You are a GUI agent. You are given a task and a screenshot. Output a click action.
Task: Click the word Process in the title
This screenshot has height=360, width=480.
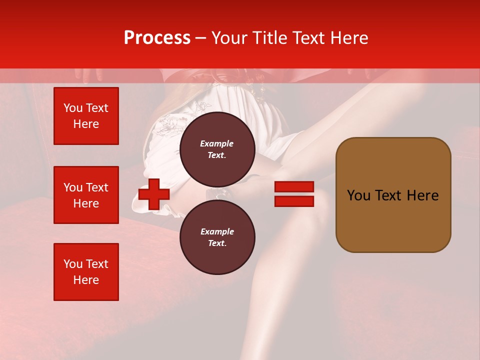157,38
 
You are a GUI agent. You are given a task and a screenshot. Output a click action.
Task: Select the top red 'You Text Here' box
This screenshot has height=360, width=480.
86,116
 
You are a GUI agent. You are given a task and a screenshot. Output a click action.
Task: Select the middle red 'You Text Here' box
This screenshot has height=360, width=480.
86,195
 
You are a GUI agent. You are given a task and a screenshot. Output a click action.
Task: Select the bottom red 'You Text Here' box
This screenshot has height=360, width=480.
86,271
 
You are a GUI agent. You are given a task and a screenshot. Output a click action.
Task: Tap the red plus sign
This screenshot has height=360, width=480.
153,194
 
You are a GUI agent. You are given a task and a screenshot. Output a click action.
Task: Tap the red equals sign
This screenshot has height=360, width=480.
294,194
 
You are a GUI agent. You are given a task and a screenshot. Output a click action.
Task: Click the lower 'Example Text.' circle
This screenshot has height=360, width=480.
217,237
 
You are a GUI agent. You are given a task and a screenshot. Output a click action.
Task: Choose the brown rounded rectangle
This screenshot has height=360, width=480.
393,195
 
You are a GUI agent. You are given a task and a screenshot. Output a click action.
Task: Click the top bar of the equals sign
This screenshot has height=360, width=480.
294,187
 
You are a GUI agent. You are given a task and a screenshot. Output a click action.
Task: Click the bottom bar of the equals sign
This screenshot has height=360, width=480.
294,201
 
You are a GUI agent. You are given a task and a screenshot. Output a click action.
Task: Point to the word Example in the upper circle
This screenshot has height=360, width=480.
217,143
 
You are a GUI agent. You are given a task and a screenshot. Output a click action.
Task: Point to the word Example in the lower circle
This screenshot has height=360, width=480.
217,231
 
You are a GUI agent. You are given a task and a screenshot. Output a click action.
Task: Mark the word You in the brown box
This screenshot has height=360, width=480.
358,195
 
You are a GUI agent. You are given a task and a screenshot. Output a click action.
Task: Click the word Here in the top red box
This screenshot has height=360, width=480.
86,124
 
